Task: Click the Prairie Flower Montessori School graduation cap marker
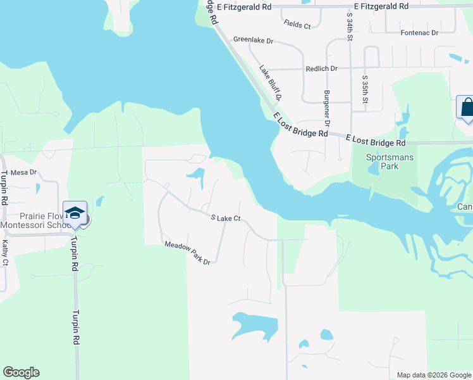tap(75, 213)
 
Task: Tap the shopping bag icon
tap(465, 107)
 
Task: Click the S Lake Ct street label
tap(226, 218)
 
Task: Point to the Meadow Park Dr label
tap(187, 253)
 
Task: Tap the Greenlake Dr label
tap(253, 40)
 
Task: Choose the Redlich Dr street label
tap(322, 68)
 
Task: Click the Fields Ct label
tap(297, 25)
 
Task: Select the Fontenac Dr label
tap(419, 32)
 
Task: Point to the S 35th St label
tap(365, 89)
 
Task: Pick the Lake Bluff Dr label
tap(269, 83)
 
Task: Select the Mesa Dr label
tap(24, 172)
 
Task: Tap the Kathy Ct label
tap(5, 252)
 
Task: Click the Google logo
tap(21, 372)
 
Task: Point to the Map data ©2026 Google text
tap(433, 375)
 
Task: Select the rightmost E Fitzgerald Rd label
tap(381, 6)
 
